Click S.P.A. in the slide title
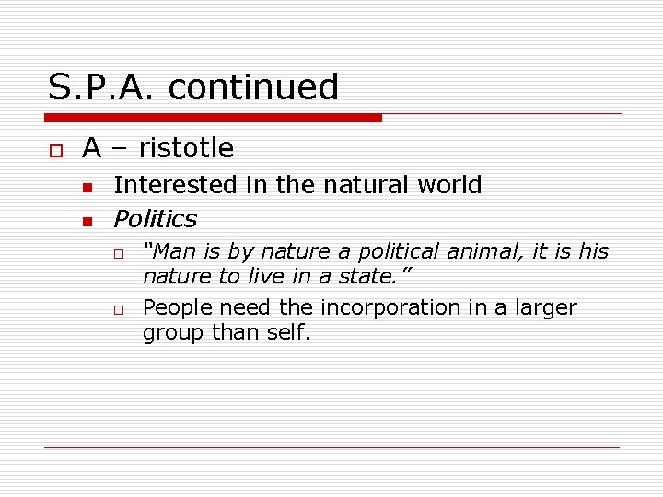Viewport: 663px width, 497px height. click(x=100, y=87)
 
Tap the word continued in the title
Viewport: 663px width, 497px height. click(x=253, y=87)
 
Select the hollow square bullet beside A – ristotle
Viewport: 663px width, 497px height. click(x=55, y=149)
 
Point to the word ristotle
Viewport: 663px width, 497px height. click(x=186, y=148)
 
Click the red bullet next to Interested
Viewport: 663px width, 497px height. click(x=87, y=188)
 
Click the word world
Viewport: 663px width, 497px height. click(x=448, y=185)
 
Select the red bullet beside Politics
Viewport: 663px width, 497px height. click(x=87, y=222)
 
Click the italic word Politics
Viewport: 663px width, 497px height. click(x=155, y=219)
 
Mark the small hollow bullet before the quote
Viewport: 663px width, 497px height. click(x=119, y=254)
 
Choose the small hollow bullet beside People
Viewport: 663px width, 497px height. click(x=119, y=310)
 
